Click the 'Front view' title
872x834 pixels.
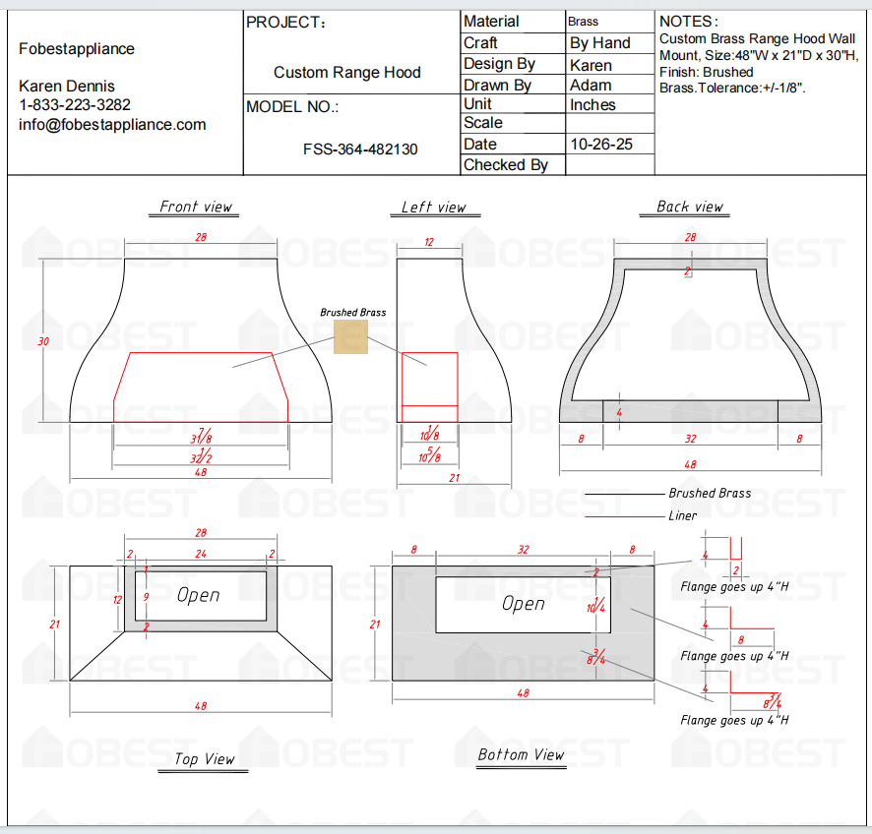coord(196,207)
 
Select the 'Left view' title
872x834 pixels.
coord(433,207)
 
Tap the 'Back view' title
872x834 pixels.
coord(689,207)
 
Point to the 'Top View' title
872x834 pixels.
coord(205,758)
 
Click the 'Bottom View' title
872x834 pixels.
coord(521,754)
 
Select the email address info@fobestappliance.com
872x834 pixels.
coord(112,124)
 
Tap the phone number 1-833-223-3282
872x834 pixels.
coord(75,104)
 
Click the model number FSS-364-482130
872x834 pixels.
coord(360,149)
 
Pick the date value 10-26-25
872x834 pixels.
coord(601,144)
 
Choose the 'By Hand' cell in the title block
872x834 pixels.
coord(599,43)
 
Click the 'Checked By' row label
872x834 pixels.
coord(505,165)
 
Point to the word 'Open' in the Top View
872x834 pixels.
coord(198,595)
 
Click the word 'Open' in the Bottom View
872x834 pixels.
coord(523,603)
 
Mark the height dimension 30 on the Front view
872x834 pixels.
coord(42,340)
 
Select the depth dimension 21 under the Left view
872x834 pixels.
coord(454,478)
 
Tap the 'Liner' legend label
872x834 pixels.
coord(682,515)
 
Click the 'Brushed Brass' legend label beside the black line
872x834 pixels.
coord(709,494)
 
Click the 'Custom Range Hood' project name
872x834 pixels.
coord(346,73)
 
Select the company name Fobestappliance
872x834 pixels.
coord(77,49)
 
